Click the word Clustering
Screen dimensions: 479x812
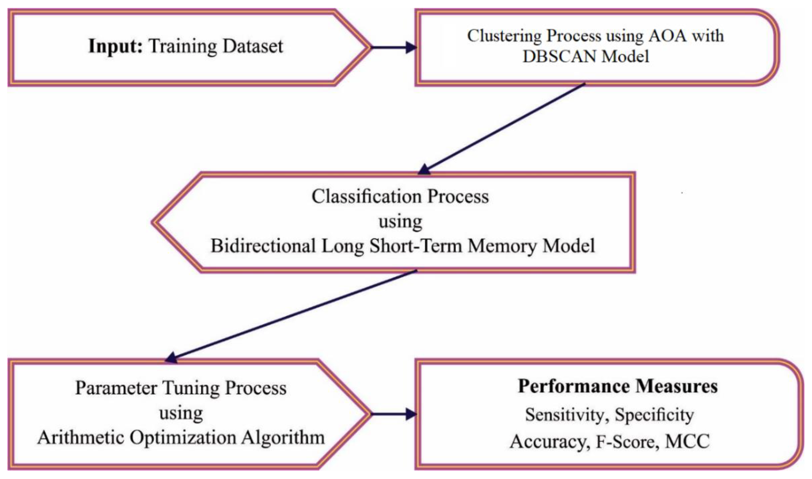(504, 35)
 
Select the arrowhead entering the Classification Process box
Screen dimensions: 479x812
(424, 169)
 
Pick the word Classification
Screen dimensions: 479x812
(366, 196)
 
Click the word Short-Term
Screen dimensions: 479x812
(416, 246)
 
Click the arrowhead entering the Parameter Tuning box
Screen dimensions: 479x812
(171, 358)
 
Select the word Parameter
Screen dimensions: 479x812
(116, 388)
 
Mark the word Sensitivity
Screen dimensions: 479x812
(564, 415)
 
